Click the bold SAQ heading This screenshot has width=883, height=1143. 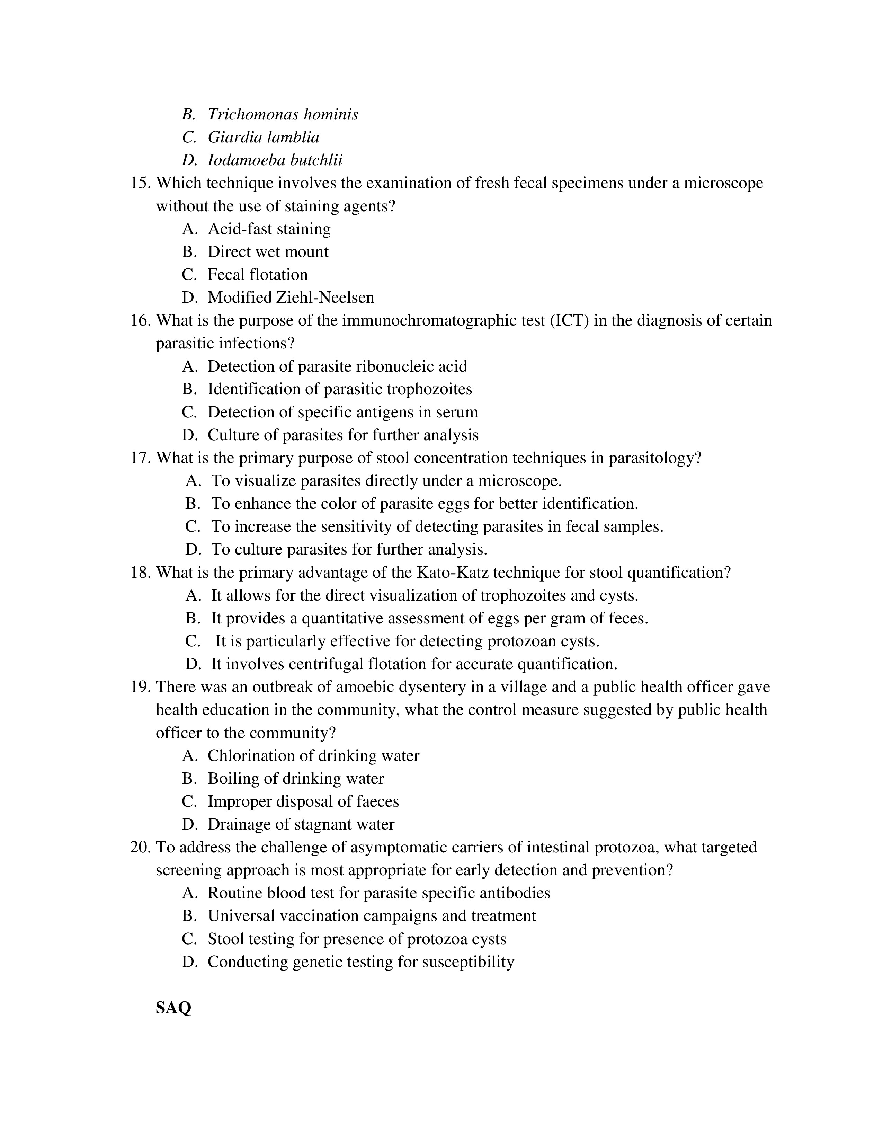coord(173,1008)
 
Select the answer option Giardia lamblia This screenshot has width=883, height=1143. coord(263,137)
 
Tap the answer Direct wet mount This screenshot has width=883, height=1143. coord(268,252)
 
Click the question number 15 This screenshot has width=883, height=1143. coord(140,183)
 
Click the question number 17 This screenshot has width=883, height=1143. coord(140,458)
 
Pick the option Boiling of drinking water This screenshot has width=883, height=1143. coord(296,779)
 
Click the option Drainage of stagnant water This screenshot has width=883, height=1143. coord(301,825)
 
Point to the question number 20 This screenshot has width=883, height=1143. coord(140,847)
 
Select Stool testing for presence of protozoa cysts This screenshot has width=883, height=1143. coord(357,939)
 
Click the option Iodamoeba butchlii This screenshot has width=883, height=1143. coord(275,160)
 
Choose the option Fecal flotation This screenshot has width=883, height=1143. coord(257,275)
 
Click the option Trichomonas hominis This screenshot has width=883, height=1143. coord(283,114)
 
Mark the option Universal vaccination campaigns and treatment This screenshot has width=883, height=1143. coord(372,916)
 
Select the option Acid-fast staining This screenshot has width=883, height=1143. coord(269,229)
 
